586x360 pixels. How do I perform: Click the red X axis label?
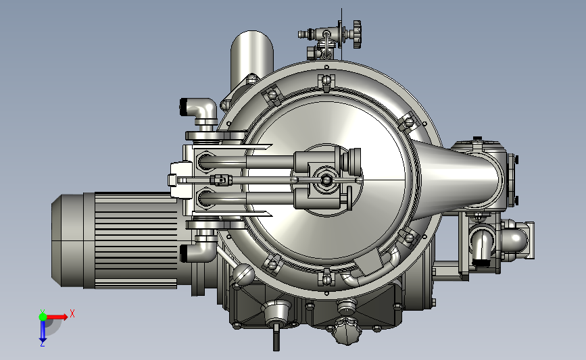coord(72,313)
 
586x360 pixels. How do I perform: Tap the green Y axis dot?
coord(43,317)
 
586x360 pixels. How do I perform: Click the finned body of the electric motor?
coord(136,240)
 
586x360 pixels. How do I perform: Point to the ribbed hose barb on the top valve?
coord(304,34)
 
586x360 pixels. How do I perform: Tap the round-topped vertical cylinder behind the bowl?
coord(251,56)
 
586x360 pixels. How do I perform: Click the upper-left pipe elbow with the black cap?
coord(198,109)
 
